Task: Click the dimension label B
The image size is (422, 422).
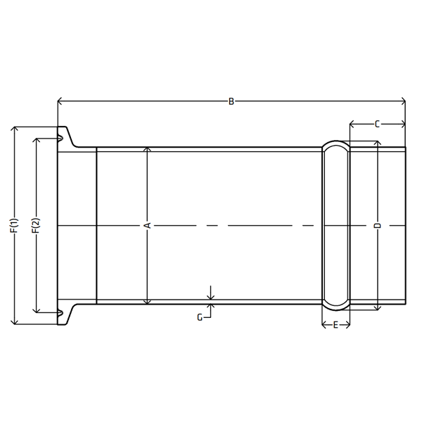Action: pyautogui.click(x=231, y=102)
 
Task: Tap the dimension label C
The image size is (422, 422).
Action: pyautogui.click(x=377, y=124)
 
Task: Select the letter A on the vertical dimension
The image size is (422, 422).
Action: pyautogui.click(x=148, y=225)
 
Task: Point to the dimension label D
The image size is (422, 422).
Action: pyautogui.click(x=378, y=226)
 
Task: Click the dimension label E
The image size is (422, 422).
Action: pyautogui.click(x=335, y=325)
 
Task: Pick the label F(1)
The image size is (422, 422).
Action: pyautogui.click(x=14, y=225)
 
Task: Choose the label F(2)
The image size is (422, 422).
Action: pyautogui.click(x=36, y=225)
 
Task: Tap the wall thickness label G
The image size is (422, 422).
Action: pyautogui.click(x=200, y=318)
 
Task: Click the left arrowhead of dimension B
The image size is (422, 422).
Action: pyautogui.click(x=60, y=101)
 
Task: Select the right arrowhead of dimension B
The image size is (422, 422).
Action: pyautogui.click(x=403, y=101)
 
